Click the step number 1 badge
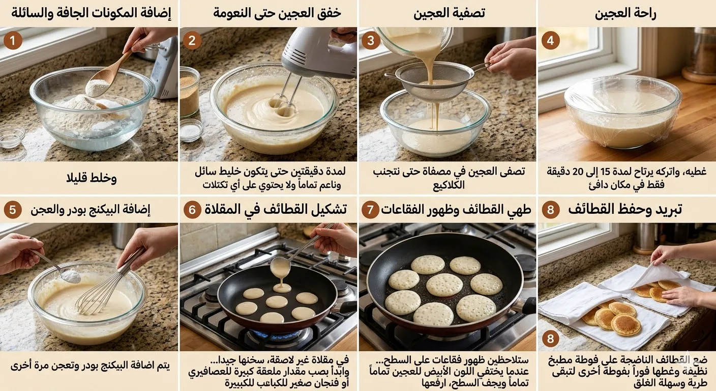13,41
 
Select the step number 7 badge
370,210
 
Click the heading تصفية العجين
449,13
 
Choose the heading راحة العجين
625,14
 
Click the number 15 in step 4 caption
606,172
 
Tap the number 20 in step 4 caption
578,172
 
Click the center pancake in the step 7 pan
444,285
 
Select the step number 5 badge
13,210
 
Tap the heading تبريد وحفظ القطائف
625,210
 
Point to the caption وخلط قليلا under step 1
92,178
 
